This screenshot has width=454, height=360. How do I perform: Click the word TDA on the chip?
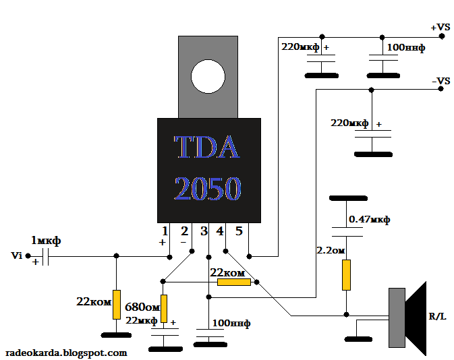pos(207,148)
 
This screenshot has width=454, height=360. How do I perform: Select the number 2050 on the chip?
pos(208,189)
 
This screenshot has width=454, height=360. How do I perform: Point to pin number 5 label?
pos(238,232)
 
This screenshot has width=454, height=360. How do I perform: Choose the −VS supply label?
pos(440,81)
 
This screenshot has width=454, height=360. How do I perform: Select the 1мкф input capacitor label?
pos(45,241)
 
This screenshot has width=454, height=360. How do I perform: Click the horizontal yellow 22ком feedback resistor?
pos(233,282)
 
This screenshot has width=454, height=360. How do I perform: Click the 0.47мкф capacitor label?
pos(369,220)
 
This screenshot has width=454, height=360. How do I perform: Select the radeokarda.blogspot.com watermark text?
pos(66,353)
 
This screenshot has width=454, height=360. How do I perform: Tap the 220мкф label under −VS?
pos(349,123)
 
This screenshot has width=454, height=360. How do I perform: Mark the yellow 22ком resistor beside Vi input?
pos(116,304)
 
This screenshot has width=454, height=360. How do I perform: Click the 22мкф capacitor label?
pos(142,320)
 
